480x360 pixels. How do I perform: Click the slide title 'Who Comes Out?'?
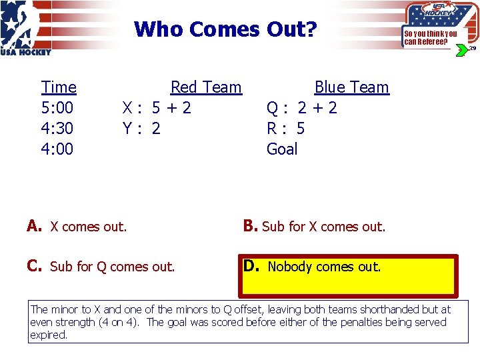point(225,29)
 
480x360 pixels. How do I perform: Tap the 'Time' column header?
point(59,87)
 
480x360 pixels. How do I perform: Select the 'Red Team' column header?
point(205,87)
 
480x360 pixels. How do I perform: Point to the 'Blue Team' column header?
point(351,87)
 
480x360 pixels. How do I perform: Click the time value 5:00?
point(57,108)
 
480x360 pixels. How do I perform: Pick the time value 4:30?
point(57,128)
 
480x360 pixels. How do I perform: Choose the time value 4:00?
point(57,149)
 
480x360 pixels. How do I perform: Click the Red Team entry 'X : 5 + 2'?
point(156,108)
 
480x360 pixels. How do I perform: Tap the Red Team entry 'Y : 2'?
point(141,128)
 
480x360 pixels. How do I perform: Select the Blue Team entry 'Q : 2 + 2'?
point(301,108)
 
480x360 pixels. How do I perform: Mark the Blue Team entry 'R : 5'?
point(285,128)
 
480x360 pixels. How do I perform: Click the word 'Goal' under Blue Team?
point(282,149)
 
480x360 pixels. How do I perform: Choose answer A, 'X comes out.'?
point(87,227)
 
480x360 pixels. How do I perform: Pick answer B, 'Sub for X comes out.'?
point(323,227)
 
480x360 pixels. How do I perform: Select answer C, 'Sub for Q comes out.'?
point(111,267)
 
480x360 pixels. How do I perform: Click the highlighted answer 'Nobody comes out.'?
point(324,267)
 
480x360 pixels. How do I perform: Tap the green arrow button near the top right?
point(461,51)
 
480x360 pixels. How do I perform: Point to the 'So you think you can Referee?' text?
point(430,38)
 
